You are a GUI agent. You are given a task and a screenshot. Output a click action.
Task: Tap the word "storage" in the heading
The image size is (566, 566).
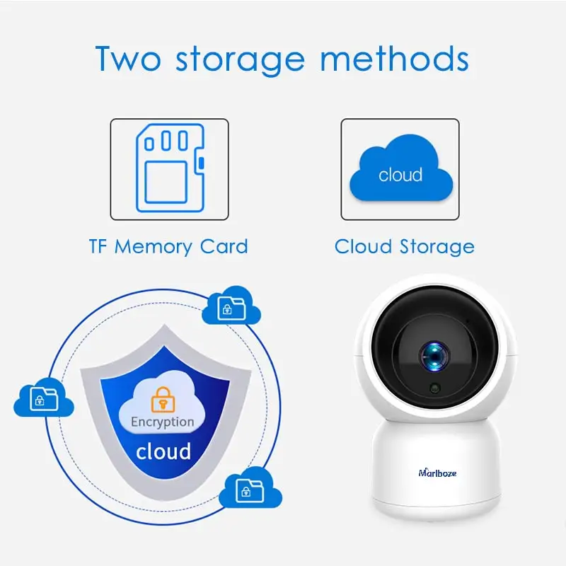pos(241,59)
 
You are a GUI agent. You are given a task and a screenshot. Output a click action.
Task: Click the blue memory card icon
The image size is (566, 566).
pos(169,168)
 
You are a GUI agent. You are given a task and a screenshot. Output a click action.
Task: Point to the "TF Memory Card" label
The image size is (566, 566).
pos(168,247)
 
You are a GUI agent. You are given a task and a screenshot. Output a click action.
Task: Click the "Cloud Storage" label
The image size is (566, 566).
pos(404,247)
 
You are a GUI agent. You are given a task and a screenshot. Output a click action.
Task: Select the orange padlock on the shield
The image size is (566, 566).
pos(162,398)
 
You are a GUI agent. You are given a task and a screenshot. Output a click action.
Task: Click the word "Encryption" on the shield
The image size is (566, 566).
pos(162,422)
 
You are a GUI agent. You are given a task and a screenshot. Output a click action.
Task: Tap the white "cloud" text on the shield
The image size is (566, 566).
pos(163,451)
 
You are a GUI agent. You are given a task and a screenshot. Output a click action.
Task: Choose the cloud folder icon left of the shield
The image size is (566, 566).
pos(43,398)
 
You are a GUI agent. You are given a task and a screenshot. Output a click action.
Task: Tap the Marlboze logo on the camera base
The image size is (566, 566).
pos(437,473)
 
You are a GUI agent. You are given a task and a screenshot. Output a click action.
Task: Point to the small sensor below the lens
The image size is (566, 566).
pos(434,388)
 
